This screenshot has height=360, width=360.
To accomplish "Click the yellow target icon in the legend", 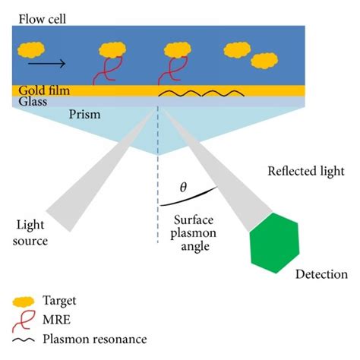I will pyautogui.click(x=24, y=302).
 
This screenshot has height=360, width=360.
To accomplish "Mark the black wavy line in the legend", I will pyautogui.click(x=24, y=339).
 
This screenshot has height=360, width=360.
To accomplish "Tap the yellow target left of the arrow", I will pyautogui.click(x=31, y=50).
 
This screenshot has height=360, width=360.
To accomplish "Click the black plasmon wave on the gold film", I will pyautogui.click(x=201, y=93).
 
